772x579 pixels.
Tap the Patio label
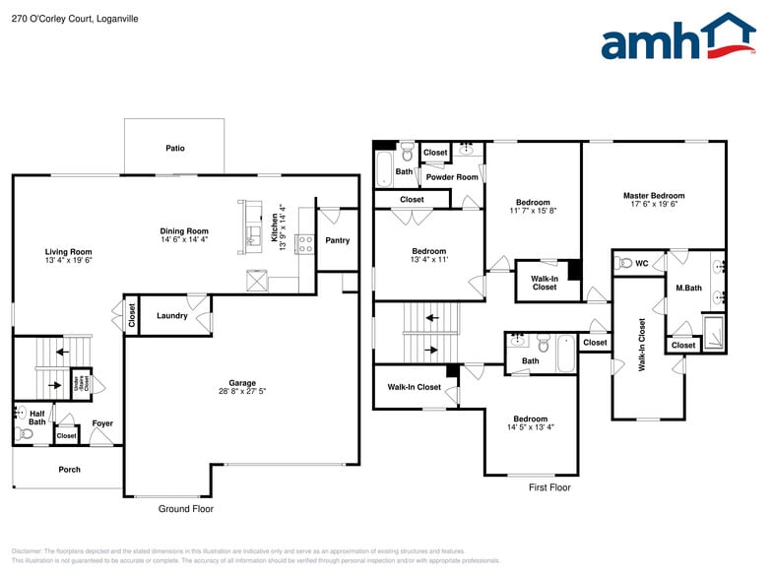point(175,149)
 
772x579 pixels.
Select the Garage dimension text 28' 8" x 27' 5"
point(242,393)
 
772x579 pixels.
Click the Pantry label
point(337,240)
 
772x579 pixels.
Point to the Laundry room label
point(172,316)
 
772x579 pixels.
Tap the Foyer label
point(102,424)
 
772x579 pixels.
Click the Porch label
point(69,470)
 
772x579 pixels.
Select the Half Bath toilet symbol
point(25,433)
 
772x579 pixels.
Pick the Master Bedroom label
point(654,196)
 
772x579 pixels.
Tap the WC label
point(642,264)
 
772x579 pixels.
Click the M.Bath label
point(688,288)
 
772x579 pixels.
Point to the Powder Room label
point(452,177)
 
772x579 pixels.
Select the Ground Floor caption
point(186,509)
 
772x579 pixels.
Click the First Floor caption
point(549,487)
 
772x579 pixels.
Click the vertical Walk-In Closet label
point(642,344)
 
